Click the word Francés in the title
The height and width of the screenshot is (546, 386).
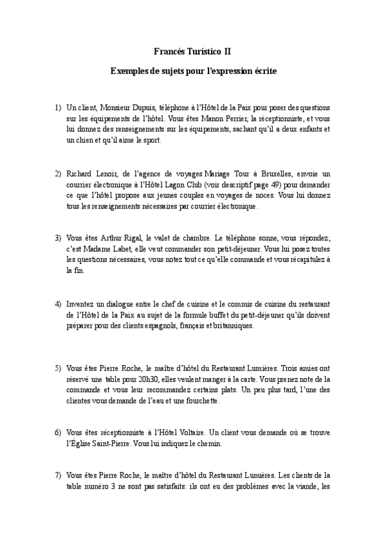[170, 49]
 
